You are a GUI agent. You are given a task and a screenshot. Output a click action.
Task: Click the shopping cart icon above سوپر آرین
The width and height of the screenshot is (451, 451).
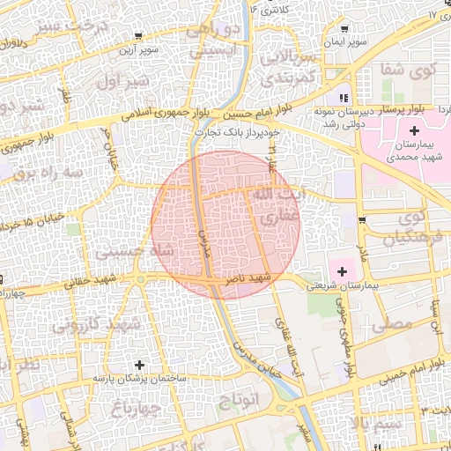point(139,36)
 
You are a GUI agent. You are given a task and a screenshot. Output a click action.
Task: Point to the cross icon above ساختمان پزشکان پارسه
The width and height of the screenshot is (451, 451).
point(139,364)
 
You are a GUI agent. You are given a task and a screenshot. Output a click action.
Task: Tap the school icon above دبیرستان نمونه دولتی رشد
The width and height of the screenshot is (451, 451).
point(344,98)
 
